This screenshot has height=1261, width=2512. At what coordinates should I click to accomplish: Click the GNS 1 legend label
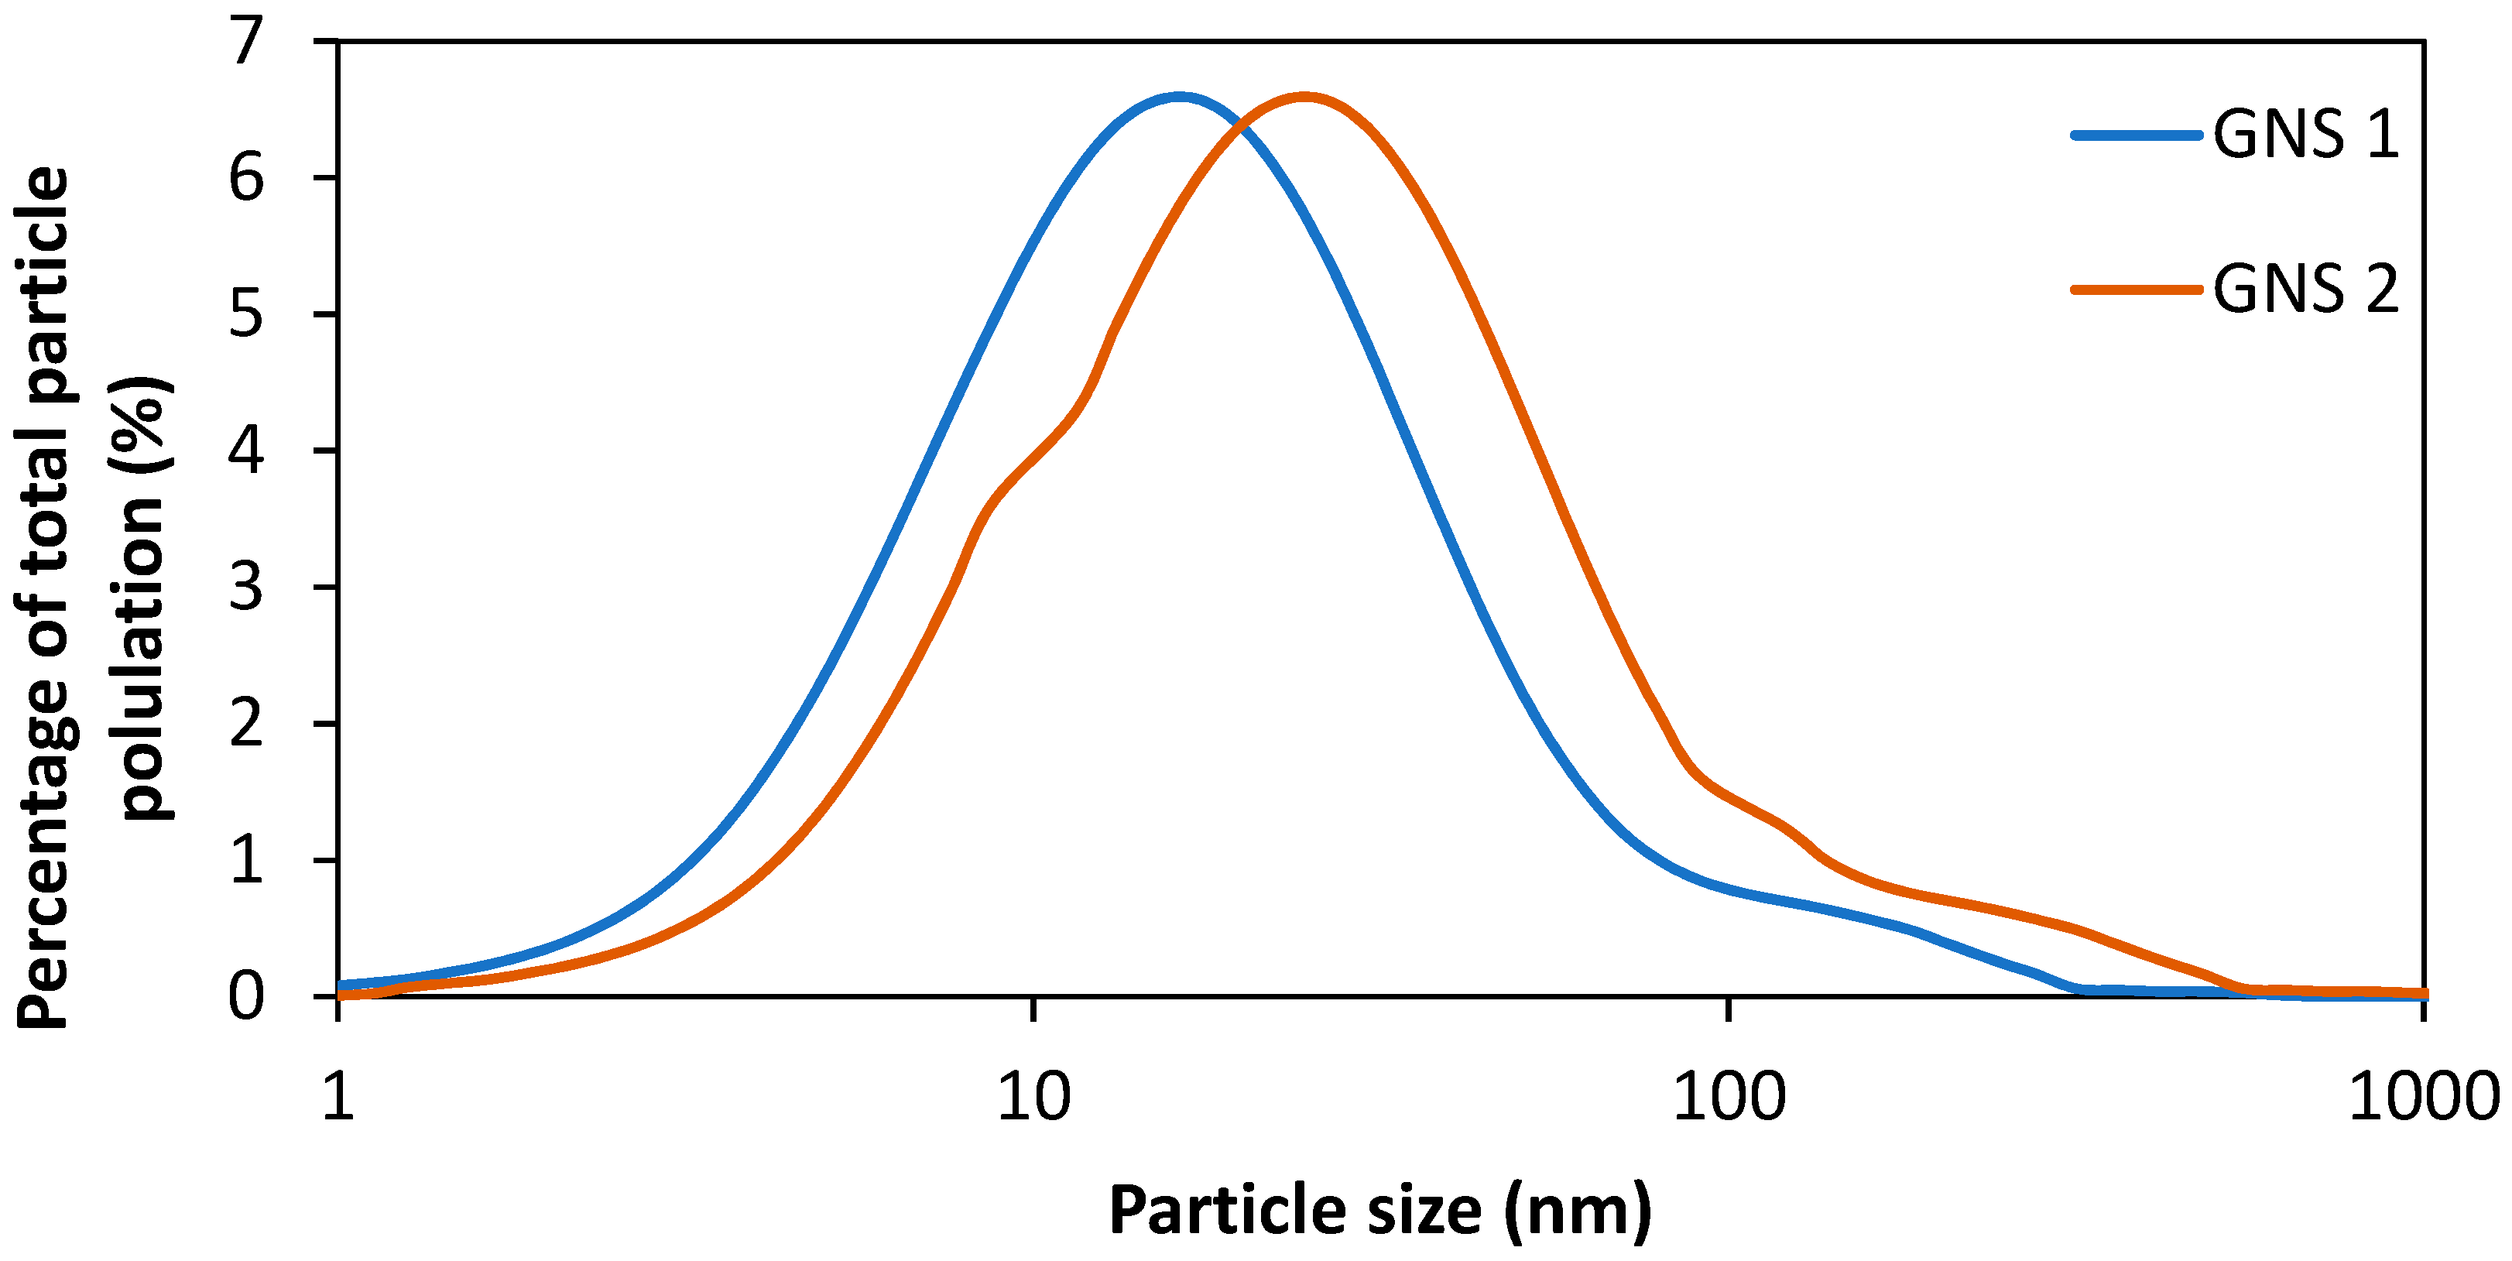2305,134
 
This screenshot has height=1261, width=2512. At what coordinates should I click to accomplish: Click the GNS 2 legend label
2305,289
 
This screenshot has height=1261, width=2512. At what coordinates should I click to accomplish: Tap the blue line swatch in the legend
2137,135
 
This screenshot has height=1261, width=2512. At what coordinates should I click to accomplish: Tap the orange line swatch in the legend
2137,290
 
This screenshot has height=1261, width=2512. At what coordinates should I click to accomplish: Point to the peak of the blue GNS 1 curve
1180,97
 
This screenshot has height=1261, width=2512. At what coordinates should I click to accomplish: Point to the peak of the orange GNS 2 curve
1304,97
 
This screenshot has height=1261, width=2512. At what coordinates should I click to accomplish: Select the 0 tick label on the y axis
247,997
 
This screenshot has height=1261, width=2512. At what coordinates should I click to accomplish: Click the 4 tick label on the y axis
247,451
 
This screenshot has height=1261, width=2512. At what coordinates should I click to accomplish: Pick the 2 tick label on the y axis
247,724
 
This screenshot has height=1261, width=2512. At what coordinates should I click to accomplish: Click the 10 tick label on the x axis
1033,1096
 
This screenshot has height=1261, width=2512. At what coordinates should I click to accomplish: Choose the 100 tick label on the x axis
1729,1096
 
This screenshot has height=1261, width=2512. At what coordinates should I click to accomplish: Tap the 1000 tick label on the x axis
2423,1096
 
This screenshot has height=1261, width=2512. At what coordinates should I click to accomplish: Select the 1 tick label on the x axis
338,1096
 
